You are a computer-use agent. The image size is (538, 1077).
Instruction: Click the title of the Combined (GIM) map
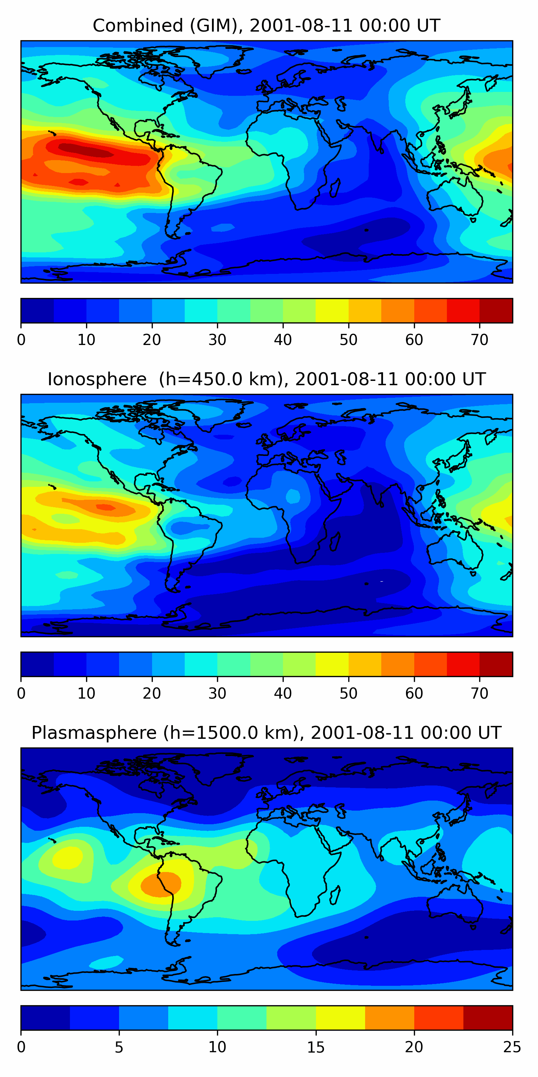[x=266, y=25]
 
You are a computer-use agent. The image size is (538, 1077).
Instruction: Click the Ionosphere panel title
[x=266, y=379]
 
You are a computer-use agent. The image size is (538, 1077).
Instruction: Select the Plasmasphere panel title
[x=266, y=733]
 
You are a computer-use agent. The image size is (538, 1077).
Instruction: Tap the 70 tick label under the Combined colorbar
[x=479, y=340]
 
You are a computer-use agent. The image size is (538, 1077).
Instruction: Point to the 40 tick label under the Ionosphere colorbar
[x=283, y=694]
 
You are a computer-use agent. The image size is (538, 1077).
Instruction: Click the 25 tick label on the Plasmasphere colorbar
[x=512, y=1047]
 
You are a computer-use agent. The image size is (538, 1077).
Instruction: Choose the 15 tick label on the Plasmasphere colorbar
[x=316, y=1047]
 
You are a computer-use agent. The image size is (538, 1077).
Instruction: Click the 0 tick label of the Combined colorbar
[x=21, y=340]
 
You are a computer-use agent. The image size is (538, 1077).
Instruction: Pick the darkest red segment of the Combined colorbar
[x=496, y=311]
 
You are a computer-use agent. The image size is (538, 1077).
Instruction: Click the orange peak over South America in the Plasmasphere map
[x=161, y=884]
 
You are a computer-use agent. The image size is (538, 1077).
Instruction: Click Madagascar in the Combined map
[x=335, y=188]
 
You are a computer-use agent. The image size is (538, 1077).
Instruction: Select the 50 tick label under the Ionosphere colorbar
[x=348, y=694]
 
